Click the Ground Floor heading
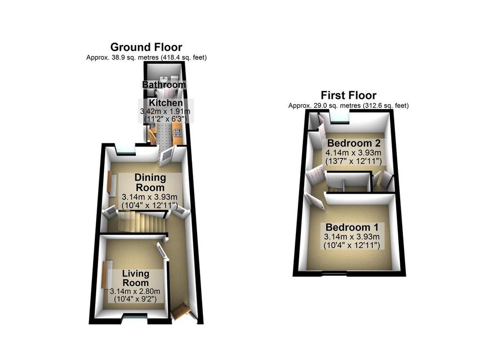pos(146,47)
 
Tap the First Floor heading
pos(349,95)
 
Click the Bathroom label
pos(164,85)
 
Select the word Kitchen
pos(166,103)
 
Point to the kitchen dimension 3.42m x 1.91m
pos(165,111)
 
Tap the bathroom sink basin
pos(164,78)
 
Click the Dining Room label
pos(150,182)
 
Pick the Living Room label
pos(136,278)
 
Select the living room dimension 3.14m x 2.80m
pos(135,291)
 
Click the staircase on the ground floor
pos(141,222)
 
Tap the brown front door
pos(181,311)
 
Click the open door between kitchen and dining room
pos(166,156)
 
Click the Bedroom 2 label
pos(353,143)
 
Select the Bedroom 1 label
pos(352,227)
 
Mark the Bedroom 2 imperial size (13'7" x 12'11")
pos(353,161)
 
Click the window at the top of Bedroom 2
pos(340,116)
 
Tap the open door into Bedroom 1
pos(315,202)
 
